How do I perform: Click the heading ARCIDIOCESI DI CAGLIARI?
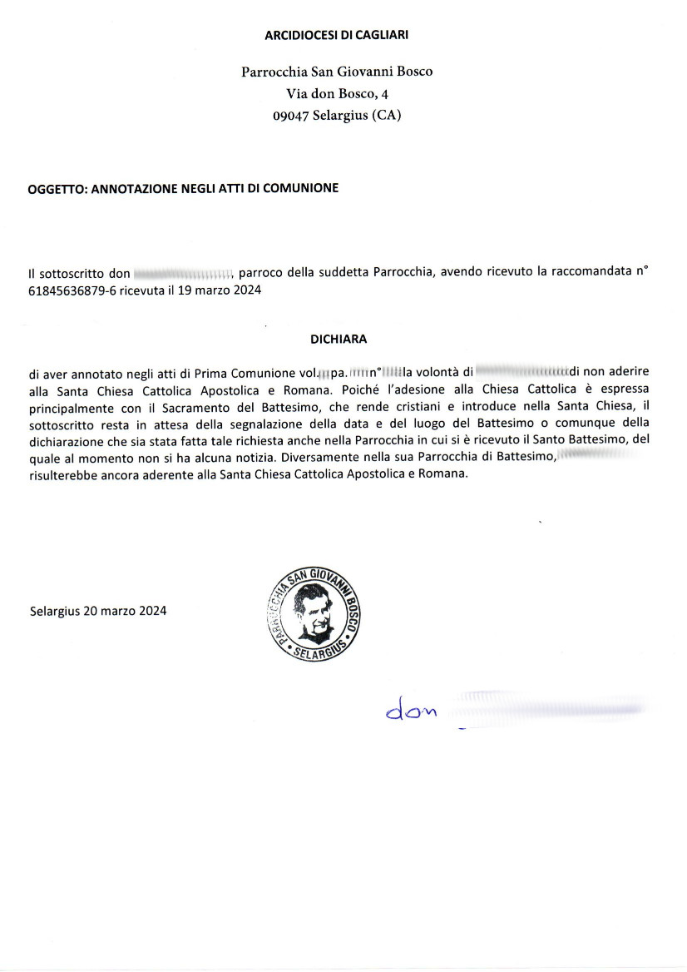point(336,35)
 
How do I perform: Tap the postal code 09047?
point(292,117)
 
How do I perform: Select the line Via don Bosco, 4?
point(337,94)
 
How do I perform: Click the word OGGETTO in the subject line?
point(56,189)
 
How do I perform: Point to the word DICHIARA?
point(338,340)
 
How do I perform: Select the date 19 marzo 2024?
point(220,290)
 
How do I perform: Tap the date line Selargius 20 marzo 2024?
point(98,610)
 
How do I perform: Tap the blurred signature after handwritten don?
point(545,708)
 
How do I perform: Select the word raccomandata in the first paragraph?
point(599,273)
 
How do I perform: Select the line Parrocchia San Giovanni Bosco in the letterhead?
point(337,72)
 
